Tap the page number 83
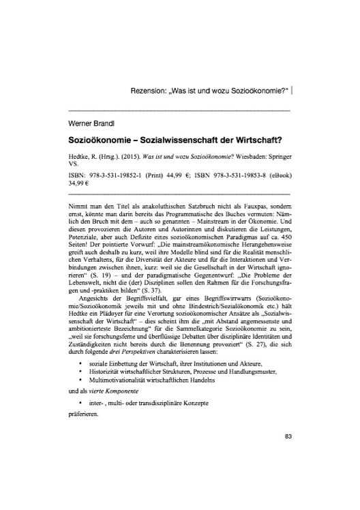click(x=288, y=436)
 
